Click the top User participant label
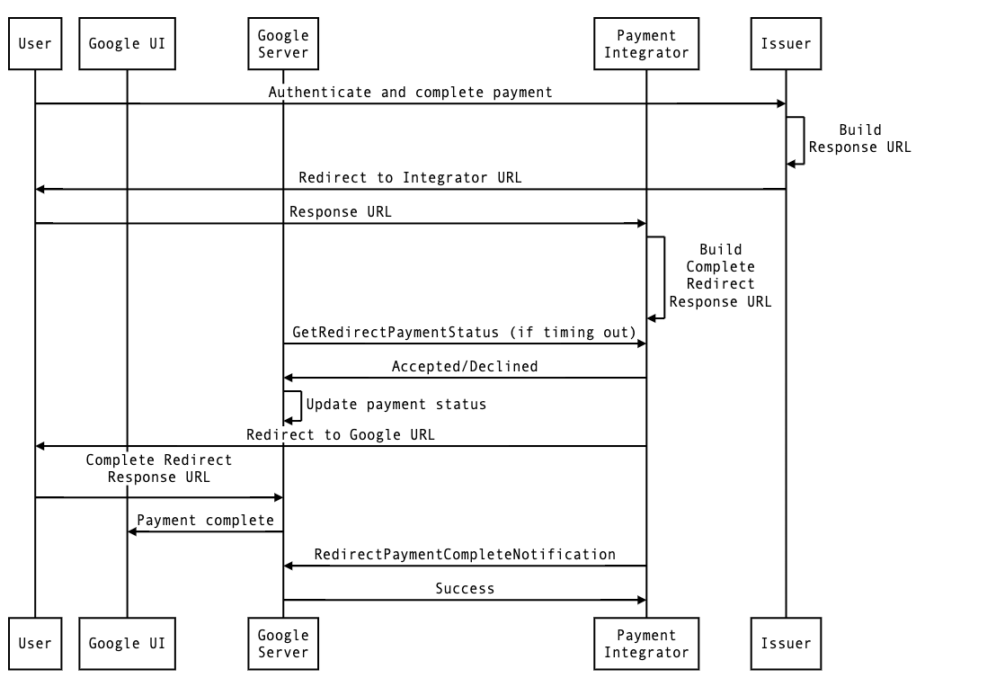[35, 44]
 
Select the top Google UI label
[127, 44]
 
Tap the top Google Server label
[283, 44]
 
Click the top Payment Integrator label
[646, 44]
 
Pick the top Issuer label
[786, 44]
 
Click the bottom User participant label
[35, 644]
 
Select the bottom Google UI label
[127, 644]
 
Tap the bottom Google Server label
[283, 644]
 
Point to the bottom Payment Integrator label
[646, 644]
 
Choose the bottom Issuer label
[786, 644]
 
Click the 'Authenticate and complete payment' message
[410, 93]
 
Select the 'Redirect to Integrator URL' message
[410, 178]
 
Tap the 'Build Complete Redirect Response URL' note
[720, 275]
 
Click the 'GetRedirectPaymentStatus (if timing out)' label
[465, 333]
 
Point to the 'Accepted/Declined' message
[465, 367]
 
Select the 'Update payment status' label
[396, 405]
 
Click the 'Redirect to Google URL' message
[341, 435]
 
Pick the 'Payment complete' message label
[205, 521]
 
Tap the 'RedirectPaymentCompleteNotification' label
[465, 555]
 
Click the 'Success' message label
[465, 589]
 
